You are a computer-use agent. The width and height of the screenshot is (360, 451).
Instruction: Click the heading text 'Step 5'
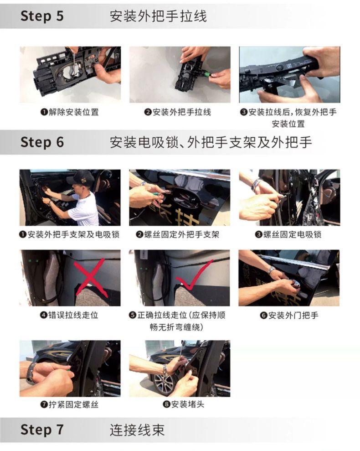42,16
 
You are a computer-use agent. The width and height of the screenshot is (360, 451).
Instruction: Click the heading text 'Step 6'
42,142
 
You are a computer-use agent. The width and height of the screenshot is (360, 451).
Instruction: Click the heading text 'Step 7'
42,430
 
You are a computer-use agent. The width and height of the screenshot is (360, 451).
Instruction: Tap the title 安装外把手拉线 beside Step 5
158,16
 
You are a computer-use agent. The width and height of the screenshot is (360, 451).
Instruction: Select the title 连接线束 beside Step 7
137,430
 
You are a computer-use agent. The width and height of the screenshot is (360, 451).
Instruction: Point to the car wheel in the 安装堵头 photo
165,384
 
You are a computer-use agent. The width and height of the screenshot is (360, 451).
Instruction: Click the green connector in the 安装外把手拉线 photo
206,75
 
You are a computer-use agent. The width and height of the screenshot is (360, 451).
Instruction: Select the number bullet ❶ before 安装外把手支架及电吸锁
23,235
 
